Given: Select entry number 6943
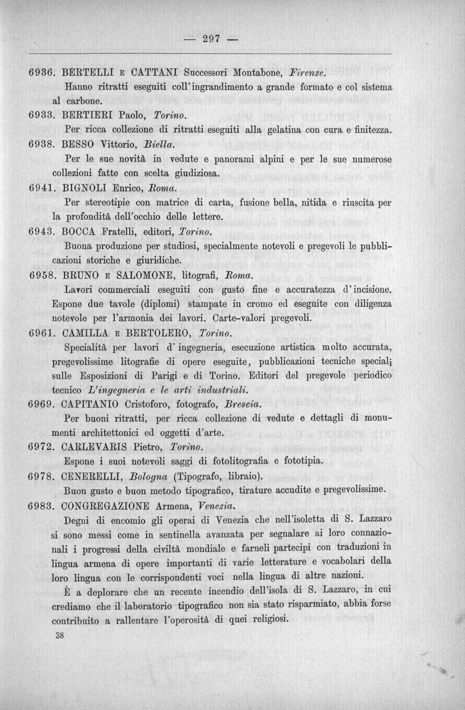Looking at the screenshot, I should click(x=41, y=232).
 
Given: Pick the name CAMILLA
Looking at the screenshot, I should click(x=85, y=334).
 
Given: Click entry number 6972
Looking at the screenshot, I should click(x=41, y=447).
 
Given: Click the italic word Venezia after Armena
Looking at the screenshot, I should click(x=217, y=505).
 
